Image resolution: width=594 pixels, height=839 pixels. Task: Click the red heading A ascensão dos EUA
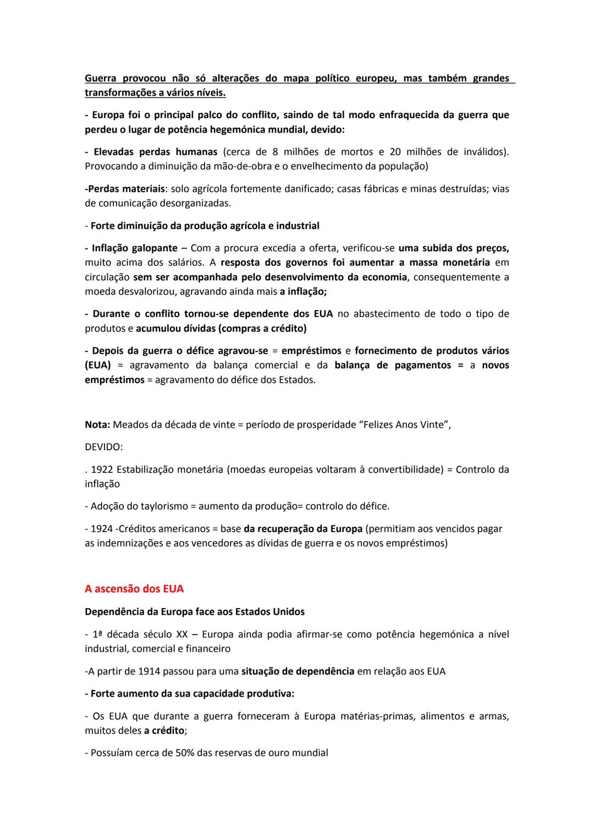[x=134, y=589]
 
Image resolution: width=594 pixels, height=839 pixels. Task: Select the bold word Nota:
[x=97, y=425]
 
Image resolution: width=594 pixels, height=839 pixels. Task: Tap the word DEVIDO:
[x=103, y=447]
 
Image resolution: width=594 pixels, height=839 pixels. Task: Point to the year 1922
[x=102, y=470]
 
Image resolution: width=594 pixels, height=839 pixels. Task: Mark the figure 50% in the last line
[x=186, y=753]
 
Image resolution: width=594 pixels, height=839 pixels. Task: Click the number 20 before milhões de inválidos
[x=395, y=152]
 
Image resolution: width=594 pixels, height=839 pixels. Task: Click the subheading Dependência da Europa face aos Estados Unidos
[x=195, y=612]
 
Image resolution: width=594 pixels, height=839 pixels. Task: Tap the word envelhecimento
[x=313, y=166]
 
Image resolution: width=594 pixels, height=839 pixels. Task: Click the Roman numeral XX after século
[x=182, y=634]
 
